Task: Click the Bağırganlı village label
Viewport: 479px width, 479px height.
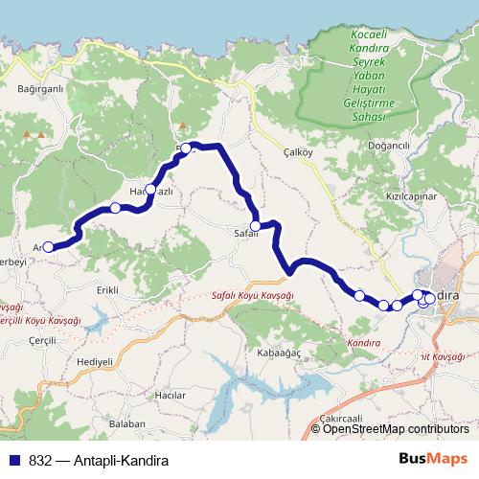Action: (x=40, y=89)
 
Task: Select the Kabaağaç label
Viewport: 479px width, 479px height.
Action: (x=253, y=353)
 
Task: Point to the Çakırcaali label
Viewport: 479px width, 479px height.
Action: (x=341, y=419)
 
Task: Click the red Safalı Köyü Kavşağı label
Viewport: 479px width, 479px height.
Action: (x=252, y=297)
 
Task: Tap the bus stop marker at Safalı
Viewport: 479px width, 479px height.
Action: (x=256, y=226)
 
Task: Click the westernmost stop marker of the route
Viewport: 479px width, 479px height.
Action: (x=49, y=247)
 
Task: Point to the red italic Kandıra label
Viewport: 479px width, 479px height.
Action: (x=365, y=342)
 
